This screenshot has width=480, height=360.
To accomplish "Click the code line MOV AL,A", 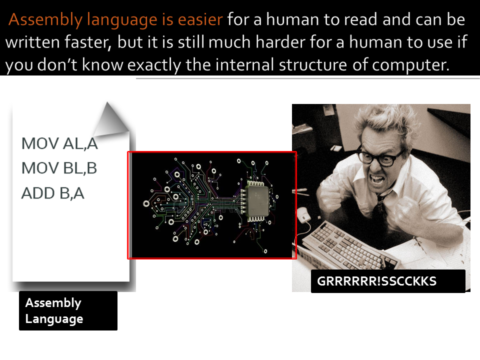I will (59, 143).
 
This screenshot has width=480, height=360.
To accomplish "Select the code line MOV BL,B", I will (59, 168).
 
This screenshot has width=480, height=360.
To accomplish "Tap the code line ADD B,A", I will (52, 193).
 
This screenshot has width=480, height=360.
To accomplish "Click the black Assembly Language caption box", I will (68, 310).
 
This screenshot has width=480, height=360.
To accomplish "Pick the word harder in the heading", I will (264, 42).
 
